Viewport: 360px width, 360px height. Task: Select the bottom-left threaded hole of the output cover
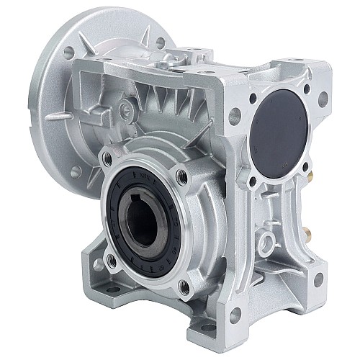[x=110, y=257]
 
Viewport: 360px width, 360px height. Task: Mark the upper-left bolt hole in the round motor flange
[x=68, y=52]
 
